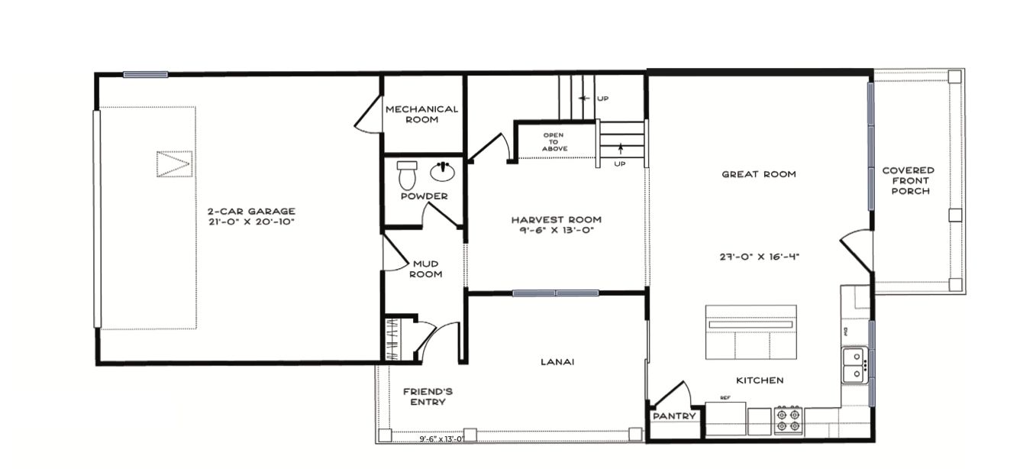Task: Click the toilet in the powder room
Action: pos(407,176)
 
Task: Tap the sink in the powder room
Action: pos(442,171)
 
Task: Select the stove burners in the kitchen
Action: pos(788,420)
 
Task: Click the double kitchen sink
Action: pos(854,366)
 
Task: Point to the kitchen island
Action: pos(751,332)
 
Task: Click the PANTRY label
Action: pos(674,416)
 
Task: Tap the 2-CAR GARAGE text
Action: pos(251,211)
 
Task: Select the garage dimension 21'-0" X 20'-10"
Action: pos(252,222)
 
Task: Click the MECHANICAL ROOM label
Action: pos(421,115)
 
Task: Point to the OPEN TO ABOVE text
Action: pos(554,142)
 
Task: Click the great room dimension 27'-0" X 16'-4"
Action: pos(759,257)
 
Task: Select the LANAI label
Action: pos(557,362)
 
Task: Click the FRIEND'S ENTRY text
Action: pos(428,396)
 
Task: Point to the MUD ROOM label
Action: pos(426,269)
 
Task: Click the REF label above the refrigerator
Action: pos(725,398)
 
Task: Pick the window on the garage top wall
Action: pos(146,75)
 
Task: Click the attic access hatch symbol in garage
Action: pos(174,164)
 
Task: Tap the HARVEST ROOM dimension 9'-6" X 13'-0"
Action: pos(557,230)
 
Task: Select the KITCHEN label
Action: pos(760,380)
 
